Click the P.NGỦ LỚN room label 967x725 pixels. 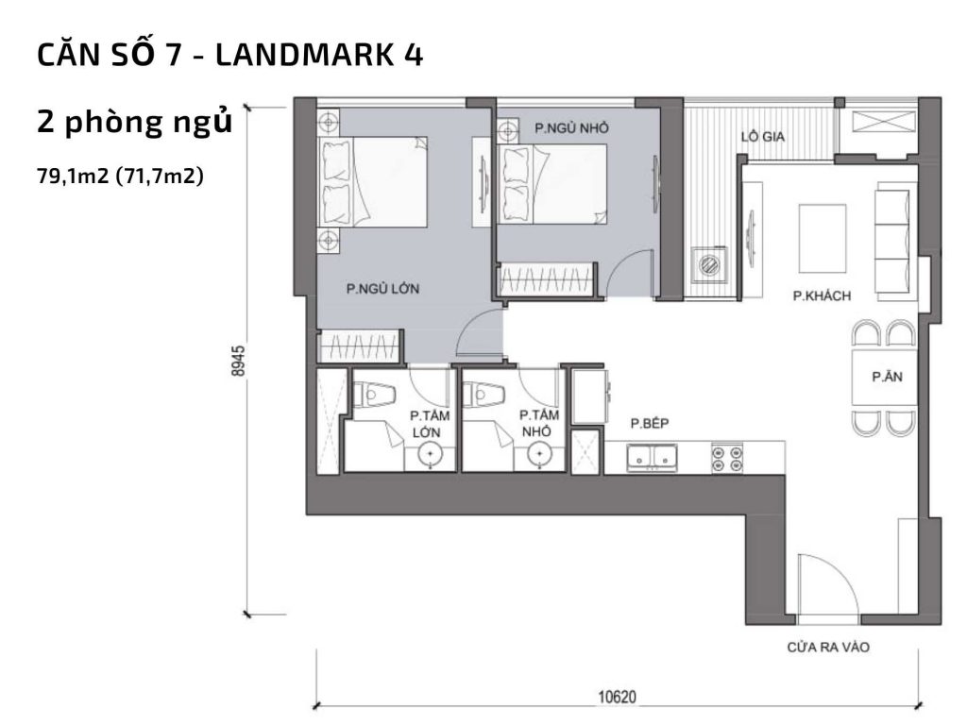click(382, 290)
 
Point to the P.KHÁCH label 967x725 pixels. click(822, 296)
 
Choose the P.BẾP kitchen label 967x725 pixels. click(650, 424)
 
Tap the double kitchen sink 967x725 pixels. click(653, 458)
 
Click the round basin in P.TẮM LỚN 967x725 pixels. click(431, 457)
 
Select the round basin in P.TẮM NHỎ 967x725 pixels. click(538, 457)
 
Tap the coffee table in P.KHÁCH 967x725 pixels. click(823, 237)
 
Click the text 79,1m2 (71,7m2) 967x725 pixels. click(121, 175)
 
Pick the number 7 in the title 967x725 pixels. click(173, 56)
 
